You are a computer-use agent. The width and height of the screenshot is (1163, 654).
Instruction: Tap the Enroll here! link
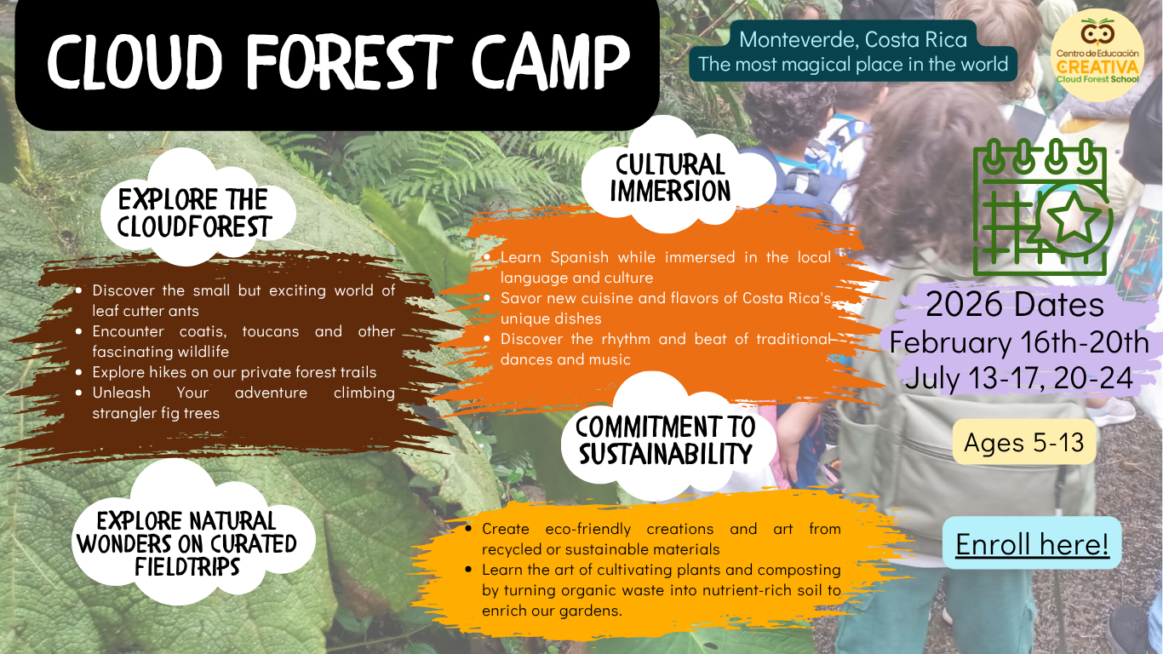point(1032,543)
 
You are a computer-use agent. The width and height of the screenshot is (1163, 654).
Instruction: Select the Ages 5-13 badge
point(1024,442)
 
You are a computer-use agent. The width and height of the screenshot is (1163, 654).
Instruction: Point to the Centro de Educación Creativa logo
point(1097,55)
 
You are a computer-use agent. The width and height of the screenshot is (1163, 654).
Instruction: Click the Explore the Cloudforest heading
point(193,213)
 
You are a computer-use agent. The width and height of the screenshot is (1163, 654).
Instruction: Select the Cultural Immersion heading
point(670,178)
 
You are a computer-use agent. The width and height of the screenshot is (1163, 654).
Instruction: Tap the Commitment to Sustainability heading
point(666,440)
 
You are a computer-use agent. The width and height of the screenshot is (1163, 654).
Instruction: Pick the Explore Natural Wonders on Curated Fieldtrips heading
point(186,543)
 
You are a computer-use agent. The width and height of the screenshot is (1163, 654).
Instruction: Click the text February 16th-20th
point(1019,341)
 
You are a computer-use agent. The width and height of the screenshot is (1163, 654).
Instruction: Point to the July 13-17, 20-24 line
point(1018,377)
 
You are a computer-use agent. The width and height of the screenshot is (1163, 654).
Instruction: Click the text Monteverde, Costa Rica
point(853,39)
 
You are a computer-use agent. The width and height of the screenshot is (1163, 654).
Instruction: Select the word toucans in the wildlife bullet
point(271,331)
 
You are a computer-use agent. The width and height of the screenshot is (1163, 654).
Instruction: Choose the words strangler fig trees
point(156,413)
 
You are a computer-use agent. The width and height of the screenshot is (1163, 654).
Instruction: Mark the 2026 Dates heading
point(1015,304)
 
